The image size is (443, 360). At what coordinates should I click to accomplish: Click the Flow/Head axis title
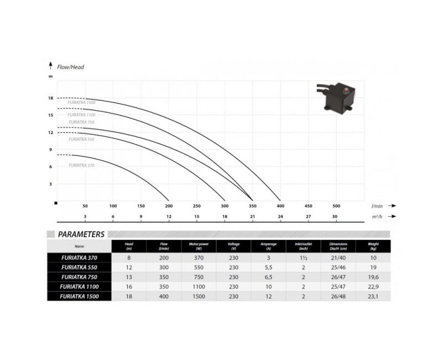tap(70, 67)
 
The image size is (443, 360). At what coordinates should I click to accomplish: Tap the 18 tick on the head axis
tap(50, 99)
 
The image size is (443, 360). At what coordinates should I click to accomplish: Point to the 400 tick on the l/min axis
tap(280, 205)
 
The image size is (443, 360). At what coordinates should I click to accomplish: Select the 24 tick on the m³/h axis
tap(280, 216)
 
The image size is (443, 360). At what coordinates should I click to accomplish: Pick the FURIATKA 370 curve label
tap(81, 165)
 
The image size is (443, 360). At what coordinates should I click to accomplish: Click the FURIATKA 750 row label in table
tap(79, 277)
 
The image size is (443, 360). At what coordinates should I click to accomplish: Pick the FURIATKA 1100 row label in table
tap(79, 286)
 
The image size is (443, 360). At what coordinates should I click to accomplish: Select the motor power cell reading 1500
tap(198, 296)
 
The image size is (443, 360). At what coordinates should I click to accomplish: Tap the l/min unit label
tap(377, 205)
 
